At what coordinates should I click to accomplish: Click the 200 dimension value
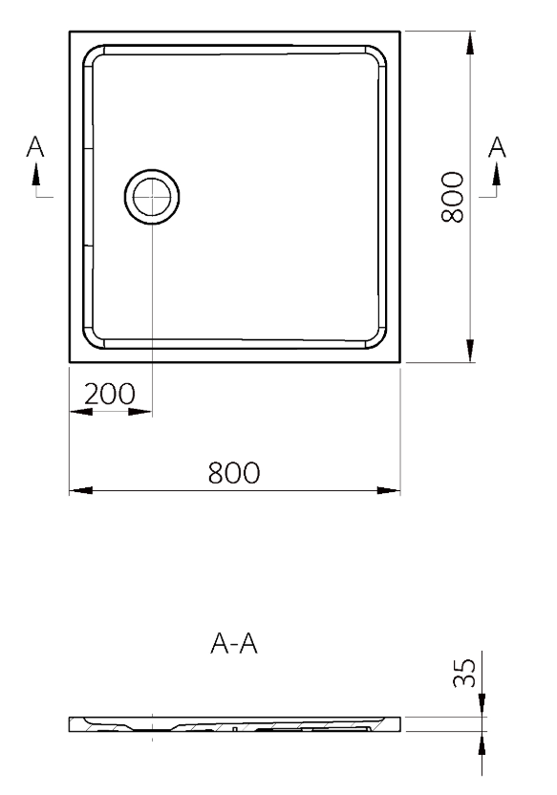pyautogui.click(x=110, y=394)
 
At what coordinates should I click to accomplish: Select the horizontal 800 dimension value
pyautogui.click(x=234, y=473)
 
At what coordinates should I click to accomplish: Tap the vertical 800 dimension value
pyautogui.click(x=452, y=197)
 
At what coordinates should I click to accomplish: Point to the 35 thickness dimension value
pyautogui.click(x=464, y=673)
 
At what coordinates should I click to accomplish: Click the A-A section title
pyautogui.click(x=234, y=643)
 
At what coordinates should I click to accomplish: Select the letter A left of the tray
pyautogui.click(x=35, y=146)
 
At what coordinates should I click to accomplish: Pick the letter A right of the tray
pyautogui.click(x=497, y=146)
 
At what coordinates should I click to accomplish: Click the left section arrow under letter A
pyautogui.click(x=35, y=176)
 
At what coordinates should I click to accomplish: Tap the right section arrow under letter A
pyautogui.click(x=497, y=176)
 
